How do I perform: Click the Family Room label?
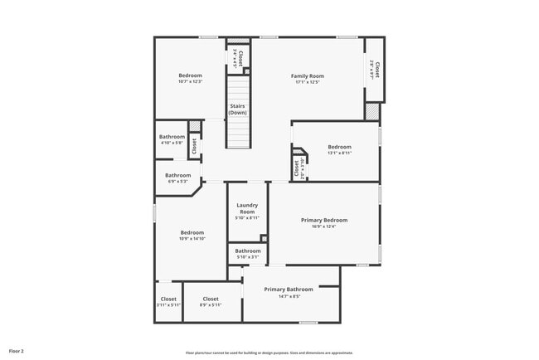(307, 75)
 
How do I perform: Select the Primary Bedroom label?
(323, 220)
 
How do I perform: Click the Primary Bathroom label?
(289, 289)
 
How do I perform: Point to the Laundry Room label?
(247, 208)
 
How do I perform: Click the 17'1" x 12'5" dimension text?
(307, 82)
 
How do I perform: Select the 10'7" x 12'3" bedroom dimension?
(191, 82)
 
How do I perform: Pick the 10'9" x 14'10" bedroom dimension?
(192, 239)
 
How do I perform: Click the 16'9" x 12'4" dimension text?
(323, 226)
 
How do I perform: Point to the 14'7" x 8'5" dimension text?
(289, 295)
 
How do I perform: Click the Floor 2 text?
(17, 351)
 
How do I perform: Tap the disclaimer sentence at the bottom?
(269, 353)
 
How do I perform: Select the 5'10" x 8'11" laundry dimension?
(247, 218)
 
